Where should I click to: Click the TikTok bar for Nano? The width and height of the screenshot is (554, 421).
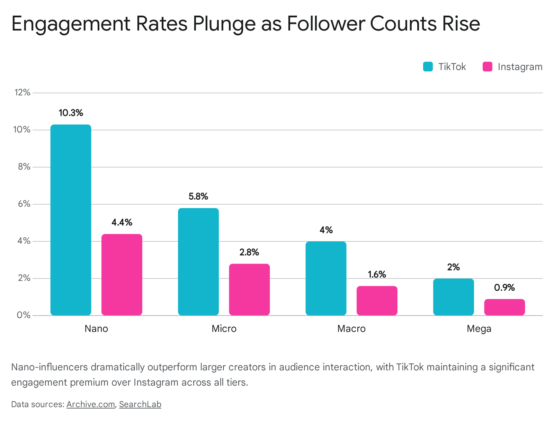[71, 220]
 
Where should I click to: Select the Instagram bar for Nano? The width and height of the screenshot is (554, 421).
[122, 274]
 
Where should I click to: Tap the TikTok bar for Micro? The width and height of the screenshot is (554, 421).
[198, 261]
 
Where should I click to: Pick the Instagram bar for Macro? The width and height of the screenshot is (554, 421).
[377, 300]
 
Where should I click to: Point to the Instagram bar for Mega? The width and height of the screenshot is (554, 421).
[504, 307]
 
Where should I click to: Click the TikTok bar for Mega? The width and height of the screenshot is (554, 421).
[453, 297]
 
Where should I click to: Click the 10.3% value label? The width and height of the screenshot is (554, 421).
[71, 113]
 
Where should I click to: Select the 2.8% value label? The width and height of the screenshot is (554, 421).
[249, 252]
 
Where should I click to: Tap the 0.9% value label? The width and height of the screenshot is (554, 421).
[504, 287]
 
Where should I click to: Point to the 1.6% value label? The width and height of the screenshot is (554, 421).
[377, 274]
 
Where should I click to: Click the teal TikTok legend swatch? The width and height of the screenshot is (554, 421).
[428, 67]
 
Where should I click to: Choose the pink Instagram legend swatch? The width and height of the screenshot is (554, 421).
[487, 67]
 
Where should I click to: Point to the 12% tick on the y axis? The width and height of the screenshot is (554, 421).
[23, 93]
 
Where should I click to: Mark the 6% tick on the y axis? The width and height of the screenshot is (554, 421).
[24, 204]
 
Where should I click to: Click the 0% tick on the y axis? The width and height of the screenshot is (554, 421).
[24, 315]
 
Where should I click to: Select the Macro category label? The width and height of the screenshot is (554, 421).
[351, 328]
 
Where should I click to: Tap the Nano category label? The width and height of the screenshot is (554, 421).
[96, 328]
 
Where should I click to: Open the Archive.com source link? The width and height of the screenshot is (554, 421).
[91, 404]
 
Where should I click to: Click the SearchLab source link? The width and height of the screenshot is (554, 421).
[140, 404]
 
